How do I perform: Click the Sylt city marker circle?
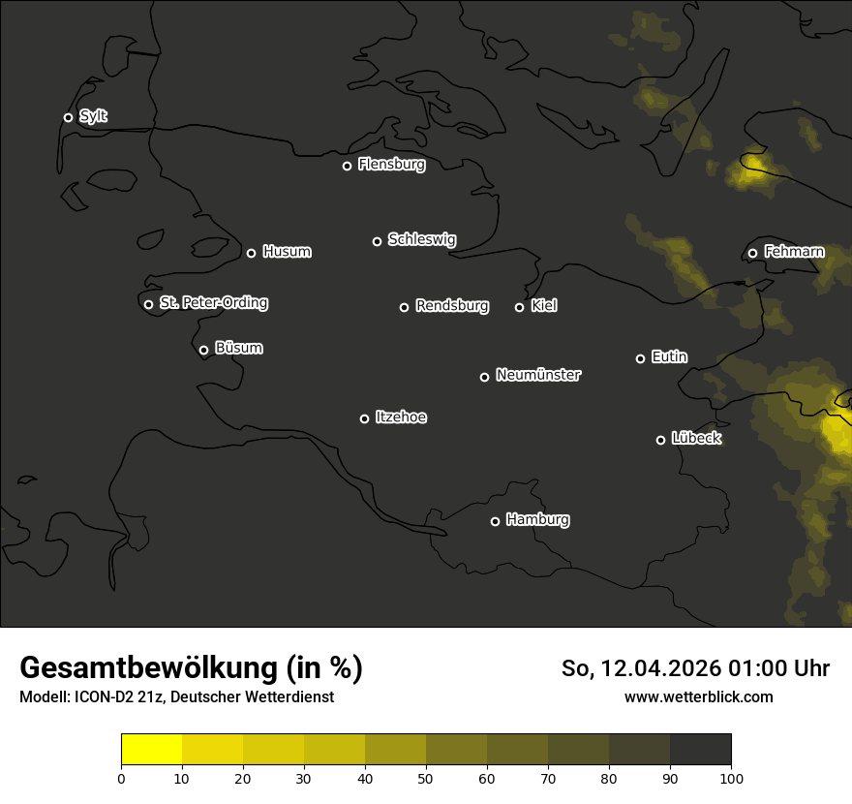[68, 117]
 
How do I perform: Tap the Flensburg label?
[391, 165]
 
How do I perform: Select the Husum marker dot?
[251, 253]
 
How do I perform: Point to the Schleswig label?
[421, 239]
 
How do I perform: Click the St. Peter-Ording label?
[213, 303]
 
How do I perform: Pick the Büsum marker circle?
[203, 351]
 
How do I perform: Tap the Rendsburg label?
[451, 306]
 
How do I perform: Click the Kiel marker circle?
[519, 307]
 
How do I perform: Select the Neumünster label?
[537, 375]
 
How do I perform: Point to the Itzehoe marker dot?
[364, 418]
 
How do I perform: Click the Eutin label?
[669, 357]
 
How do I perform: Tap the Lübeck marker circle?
[660, 440]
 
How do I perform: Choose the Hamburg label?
[537, 520]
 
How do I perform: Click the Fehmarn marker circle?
[752, 254]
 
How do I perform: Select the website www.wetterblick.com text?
[698, 696]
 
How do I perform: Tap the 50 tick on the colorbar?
[426, 777]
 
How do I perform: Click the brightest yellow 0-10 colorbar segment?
[151, 750]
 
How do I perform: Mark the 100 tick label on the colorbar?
[731, 777]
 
